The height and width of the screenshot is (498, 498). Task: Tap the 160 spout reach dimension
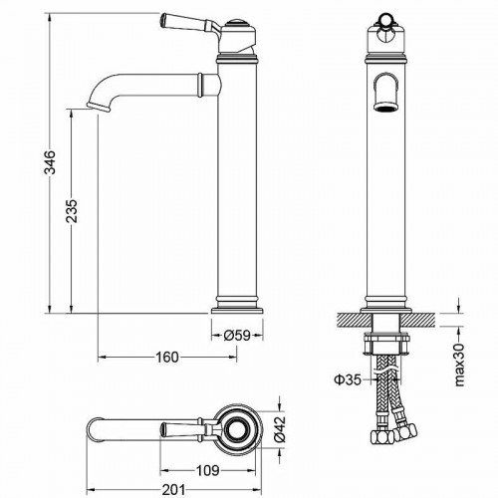tap(166, 357)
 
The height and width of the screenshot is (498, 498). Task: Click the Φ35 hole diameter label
tap(346, 378)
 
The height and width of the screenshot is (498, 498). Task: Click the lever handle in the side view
tap(185, 21)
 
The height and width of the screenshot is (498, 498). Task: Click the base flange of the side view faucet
tap(240, 303)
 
